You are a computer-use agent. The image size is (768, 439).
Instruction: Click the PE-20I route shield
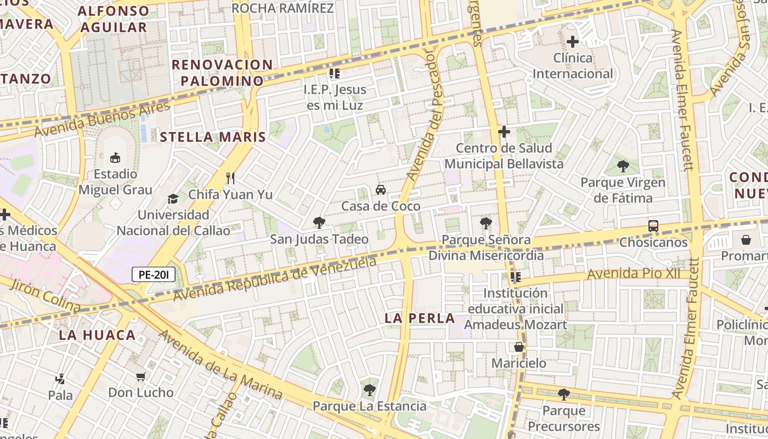click(x=154, y=274)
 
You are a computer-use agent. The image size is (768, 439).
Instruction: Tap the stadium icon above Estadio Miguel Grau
click(x=115, y=158)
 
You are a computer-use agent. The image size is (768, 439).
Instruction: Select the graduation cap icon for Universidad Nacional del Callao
click(x=173, y=198)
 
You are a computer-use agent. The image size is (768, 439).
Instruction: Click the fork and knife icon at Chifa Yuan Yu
click(x=230, y=178)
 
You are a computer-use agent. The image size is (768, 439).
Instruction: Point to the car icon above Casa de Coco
click(x=380, y=190)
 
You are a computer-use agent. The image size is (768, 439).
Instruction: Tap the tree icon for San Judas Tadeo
click(x=319, y=222)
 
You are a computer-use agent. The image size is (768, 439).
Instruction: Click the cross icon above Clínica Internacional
click(x=573, y=42)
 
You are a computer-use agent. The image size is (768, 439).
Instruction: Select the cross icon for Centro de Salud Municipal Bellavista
click(x=504, y=132)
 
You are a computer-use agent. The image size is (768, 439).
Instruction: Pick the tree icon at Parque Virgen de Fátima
click(x=623, y=166)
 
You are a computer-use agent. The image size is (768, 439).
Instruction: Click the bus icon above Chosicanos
click(x=653, y=226)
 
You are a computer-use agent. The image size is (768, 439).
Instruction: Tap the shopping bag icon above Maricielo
click(x=518, y=347)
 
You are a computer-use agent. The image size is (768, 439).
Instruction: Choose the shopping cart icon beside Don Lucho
click(x=140, y=376)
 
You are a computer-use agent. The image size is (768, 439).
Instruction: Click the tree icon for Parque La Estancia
click(x=369, y=390)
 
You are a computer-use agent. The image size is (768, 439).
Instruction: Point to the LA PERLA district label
click(x=420, y=318)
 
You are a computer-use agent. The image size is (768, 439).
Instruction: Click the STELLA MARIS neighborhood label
click(x=213, y=137)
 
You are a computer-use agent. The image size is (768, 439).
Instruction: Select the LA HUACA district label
click(x=97, y=335)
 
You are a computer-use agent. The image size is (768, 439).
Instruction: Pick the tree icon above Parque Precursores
click(x=563, y=394)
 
